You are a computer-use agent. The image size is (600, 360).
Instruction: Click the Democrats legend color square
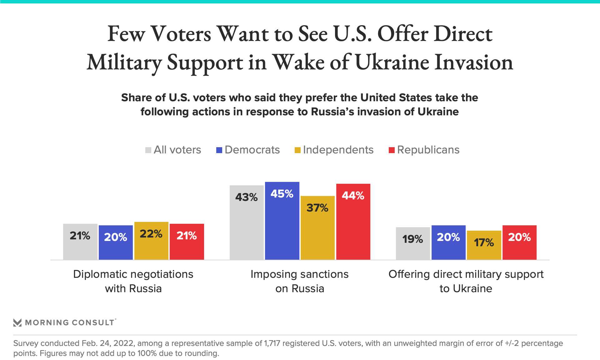219,150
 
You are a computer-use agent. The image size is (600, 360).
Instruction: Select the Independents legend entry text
338,150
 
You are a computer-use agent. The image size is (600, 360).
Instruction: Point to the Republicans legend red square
392,150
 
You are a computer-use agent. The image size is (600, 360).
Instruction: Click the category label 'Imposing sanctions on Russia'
299,281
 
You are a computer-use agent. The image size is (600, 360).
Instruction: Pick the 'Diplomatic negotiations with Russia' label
133,281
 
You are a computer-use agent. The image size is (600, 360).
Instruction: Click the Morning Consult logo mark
17,322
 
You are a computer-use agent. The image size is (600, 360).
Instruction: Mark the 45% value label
282,194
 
